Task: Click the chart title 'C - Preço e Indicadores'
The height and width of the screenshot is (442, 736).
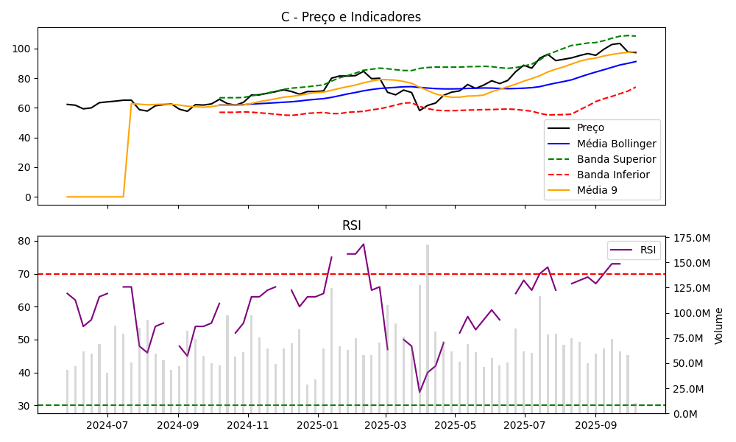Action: pyautogui.click(x=351, y=17)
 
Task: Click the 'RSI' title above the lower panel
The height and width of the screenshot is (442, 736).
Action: pyautogui.click(x=351, y=225)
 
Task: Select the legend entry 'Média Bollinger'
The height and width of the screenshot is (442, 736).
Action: pyautogui.click(x=616, y=144)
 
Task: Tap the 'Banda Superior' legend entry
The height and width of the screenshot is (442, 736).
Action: pyautogui.click(x=616, y=159)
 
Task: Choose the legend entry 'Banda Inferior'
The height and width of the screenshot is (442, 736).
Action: pyautogui.click(x=613, y=175)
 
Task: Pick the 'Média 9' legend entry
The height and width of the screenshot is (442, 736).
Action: pyautogui.click(x=597, y=190)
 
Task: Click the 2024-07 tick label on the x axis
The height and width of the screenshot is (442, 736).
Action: pyautogui.click(x=107, y=424)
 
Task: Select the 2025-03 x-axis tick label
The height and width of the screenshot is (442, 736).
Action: pyautogui.click(x=386, y=424)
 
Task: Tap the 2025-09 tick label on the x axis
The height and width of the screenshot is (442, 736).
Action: pyautogui.click(x=595, y=424)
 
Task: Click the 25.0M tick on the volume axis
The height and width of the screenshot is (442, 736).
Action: pyautogui.click(x=689, y=388)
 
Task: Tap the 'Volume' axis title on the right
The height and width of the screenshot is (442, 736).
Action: pyautogui.click(x=719, y=326)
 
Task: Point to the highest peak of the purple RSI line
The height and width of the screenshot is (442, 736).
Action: pyautogui.click(x=364, y=244)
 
